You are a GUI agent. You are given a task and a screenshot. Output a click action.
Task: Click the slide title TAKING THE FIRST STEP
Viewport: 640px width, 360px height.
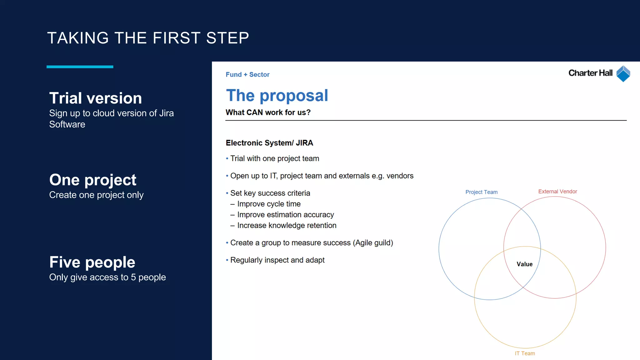[148, 38]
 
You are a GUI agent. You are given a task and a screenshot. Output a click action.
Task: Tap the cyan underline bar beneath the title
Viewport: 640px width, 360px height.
[80, 67]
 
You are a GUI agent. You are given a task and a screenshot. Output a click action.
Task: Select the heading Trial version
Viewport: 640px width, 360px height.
[95, 98]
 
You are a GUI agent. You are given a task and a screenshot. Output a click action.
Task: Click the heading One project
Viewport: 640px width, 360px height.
[93, 180]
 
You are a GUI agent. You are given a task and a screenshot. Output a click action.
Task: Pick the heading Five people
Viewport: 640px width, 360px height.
[92, 262]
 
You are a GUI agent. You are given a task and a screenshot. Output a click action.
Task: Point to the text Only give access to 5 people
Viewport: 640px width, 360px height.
[107, 277]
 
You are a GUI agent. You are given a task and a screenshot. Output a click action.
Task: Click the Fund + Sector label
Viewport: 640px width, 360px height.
[247, 74]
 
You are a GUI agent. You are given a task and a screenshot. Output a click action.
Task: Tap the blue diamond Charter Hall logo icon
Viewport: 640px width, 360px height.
[623, 74]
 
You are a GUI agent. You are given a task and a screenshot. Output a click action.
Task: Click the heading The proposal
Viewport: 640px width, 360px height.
[277, 95]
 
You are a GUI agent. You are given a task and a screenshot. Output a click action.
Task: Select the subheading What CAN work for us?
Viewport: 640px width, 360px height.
[268, 112]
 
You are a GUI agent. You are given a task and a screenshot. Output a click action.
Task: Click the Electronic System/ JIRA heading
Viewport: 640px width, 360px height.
[269, 143]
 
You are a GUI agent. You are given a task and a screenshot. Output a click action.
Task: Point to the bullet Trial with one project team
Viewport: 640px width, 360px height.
[274, 158]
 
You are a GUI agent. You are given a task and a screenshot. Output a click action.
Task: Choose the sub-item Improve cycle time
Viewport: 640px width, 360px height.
[269, 204]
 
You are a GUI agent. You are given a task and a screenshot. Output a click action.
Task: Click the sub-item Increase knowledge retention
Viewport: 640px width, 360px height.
[287, 225]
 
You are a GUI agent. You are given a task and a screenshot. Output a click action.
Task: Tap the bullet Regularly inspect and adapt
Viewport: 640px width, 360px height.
[277, 260]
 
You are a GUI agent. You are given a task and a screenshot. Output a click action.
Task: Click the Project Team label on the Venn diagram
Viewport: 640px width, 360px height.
[481, 192]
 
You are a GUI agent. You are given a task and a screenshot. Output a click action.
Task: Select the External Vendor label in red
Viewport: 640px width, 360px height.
[557, 192]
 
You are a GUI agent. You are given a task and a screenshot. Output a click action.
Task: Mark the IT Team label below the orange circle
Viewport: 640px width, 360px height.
[525, 353]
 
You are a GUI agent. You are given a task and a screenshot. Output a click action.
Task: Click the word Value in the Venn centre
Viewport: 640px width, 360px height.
[524, 264]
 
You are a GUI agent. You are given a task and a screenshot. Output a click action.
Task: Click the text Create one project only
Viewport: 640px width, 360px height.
[96, 195]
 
